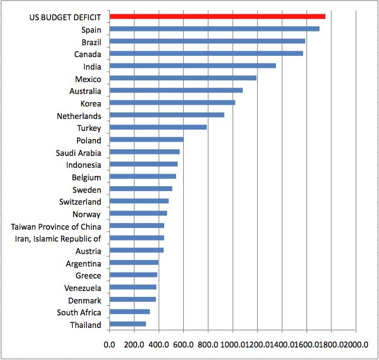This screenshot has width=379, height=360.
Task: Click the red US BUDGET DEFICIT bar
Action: tap(217, 17)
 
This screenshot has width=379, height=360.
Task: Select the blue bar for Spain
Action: tap(214, 29)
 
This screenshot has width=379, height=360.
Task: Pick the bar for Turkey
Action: tap(158, 127)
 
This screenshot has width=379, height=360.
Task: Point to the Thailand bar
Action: tap(128, 324)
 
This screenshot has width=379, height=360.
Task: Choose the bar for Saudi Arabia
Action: tap(145, 152)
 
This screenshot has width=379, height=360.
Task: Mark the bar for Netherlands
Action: tap(167, 115)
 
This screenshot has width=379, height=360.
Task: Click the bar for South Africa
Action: tap(130, 312)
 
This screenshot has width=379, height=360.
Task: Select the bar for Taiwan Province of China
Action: tap(137, 226)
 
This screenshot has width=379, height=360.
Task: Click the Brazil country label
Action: tap(92, 42)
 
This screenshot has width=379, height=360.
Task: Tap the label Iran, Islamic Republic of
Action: tap(58, 239)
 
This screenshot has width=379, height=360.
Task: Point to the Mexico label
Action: tap(88, 79)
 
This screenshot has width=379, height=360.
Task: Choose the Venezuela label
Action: tap(83, 288)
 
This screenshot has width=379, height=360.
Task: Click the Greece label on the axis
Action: tap(88, 276)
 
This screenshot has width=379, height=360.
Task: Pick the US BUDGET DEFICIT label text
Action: tap(65, 17)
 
